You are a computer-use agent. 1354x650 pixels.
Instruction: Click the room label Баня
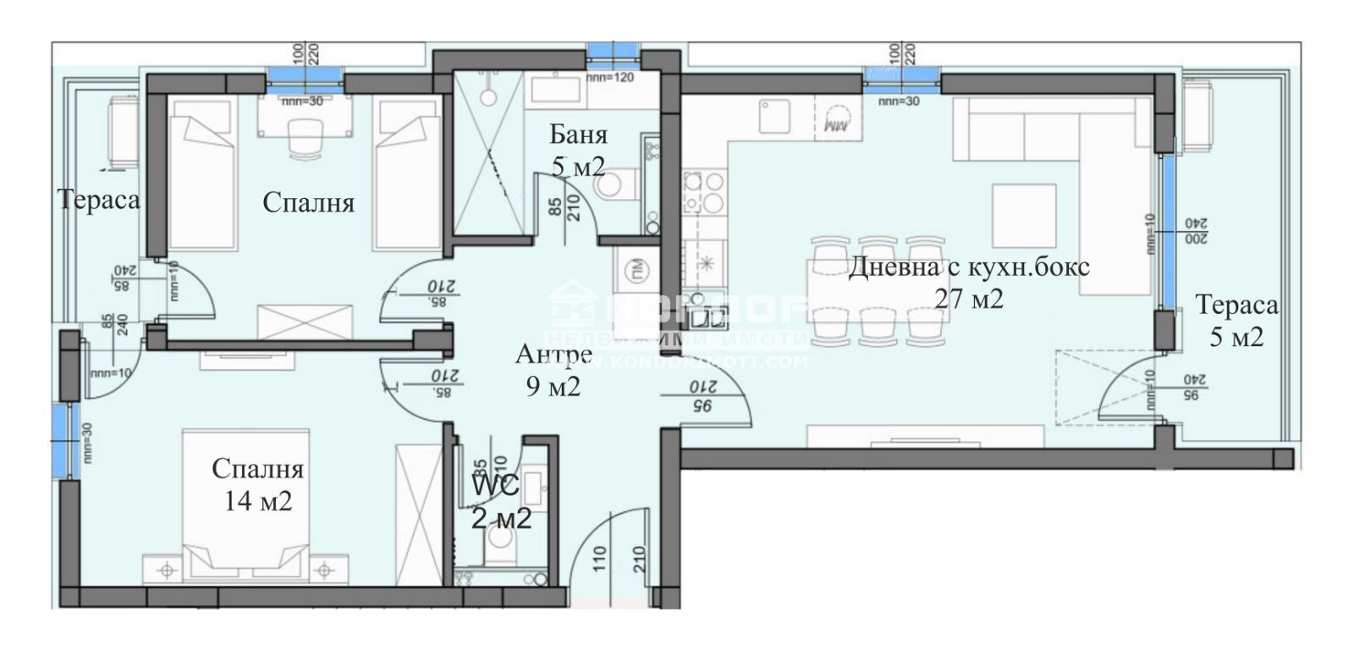pyautogui.click(x=578, y=135)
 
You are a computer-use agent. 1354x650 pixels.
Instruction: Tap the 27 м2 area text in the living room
pyautogui.click(x=969, y=298)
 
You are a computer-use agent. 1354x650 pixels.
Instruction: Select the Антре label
pyautogui.click(x=553, y=355)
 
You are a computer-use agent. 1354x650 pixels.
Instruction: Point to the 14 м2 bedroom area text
pyautogui.click(x=258, y=501)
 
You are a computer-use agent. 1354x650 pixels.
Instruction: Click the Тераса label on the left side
pyautogui.click(x=99, y=201)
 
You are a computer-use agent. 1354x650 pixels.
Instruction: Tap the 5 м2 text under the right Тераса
pyautogui.click(x=1236, y=338)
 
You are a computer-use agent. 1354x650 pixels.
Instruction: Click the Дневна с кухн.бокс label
pyautogui.click(x=969, y=268)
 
